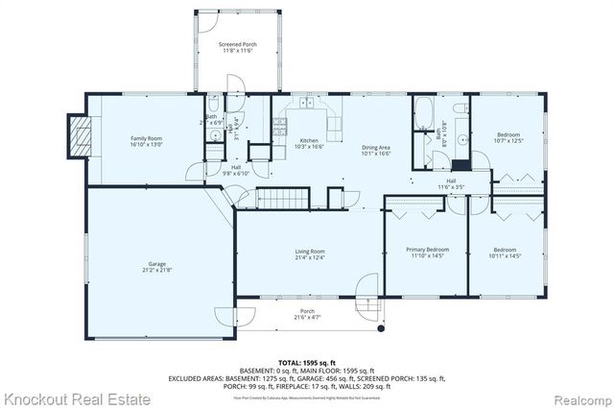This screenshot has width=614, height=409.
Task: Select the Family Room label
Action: pyautogui.click(x=146, y=142)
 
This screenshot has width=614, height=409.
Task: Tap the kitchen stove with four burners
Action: pyautogui.click(x=279, y=125)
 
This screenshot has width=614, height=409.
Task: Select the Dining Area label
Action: pyautogui.click(x=375, y=149)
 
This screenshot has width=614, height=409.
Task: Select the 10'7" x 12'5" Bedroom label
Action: pyautogui.click(x=508, y=137)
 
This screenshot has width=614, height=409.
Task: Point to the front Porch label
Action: pyautogui.click(x=307, y=313)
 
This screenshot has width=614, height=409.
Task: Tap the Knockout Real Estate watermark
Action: pyautogui.click(x=76, y=397)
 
